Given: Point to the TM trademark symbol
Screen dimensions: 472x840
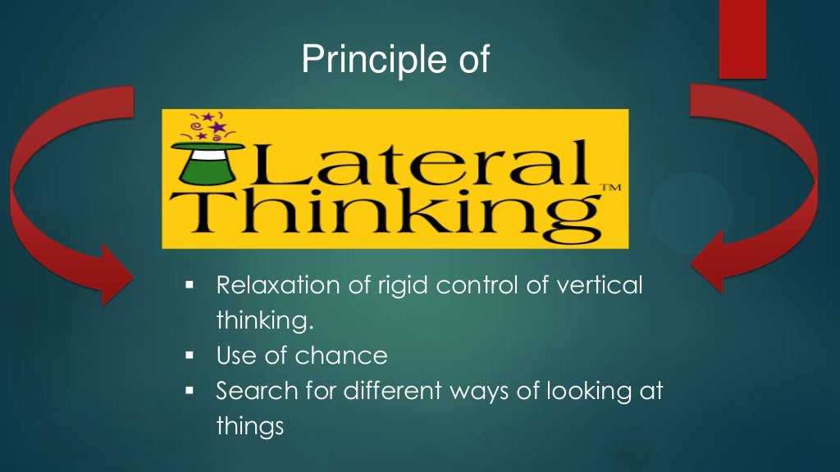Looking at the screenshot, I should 610,188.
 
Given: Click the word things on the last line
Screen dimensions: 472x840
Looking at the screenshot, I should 249,427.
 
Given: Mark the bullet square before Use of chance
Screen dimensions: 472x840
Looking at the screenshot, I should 189,356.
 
